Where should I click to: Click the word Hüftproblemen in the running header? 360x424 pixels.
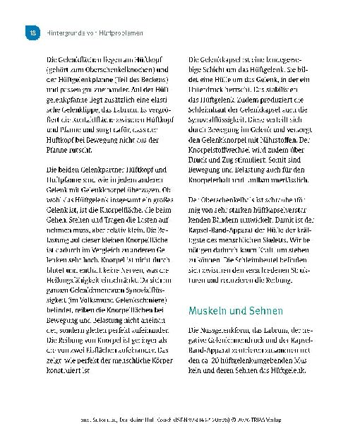[121, 33]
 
